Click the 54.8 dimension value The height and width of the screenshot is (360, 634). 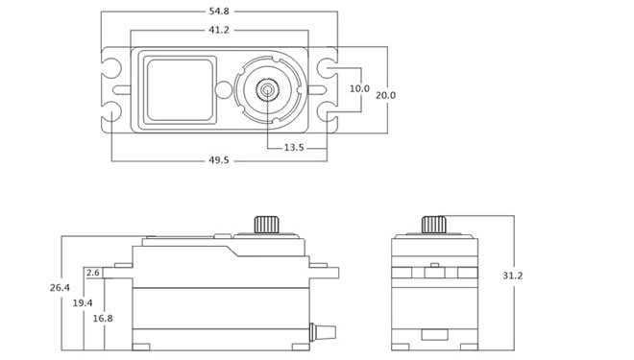[x=219, y=12]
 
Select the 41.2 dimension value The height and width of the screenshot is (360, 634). [x=219, y=30]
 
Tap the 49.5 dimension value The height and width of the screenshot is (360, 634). [x=219, y=160]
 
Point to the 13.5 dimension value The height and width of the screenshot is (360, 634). [x=294, y=148]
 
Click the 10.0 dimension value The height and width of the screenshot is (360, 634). [x=359, y=88]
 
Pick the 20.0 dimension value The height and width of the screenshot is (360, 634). [x=386, y=95]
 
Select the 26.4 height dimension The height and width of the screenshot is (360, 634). [x=60, y=288]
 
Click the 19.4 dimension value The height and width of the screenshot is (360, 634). [x=83, y=302]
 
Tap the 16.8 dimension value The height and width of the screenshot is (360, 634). [x=103, y=319]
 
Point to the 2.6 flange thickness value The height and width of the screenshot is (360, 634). [x=92, y=273]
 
